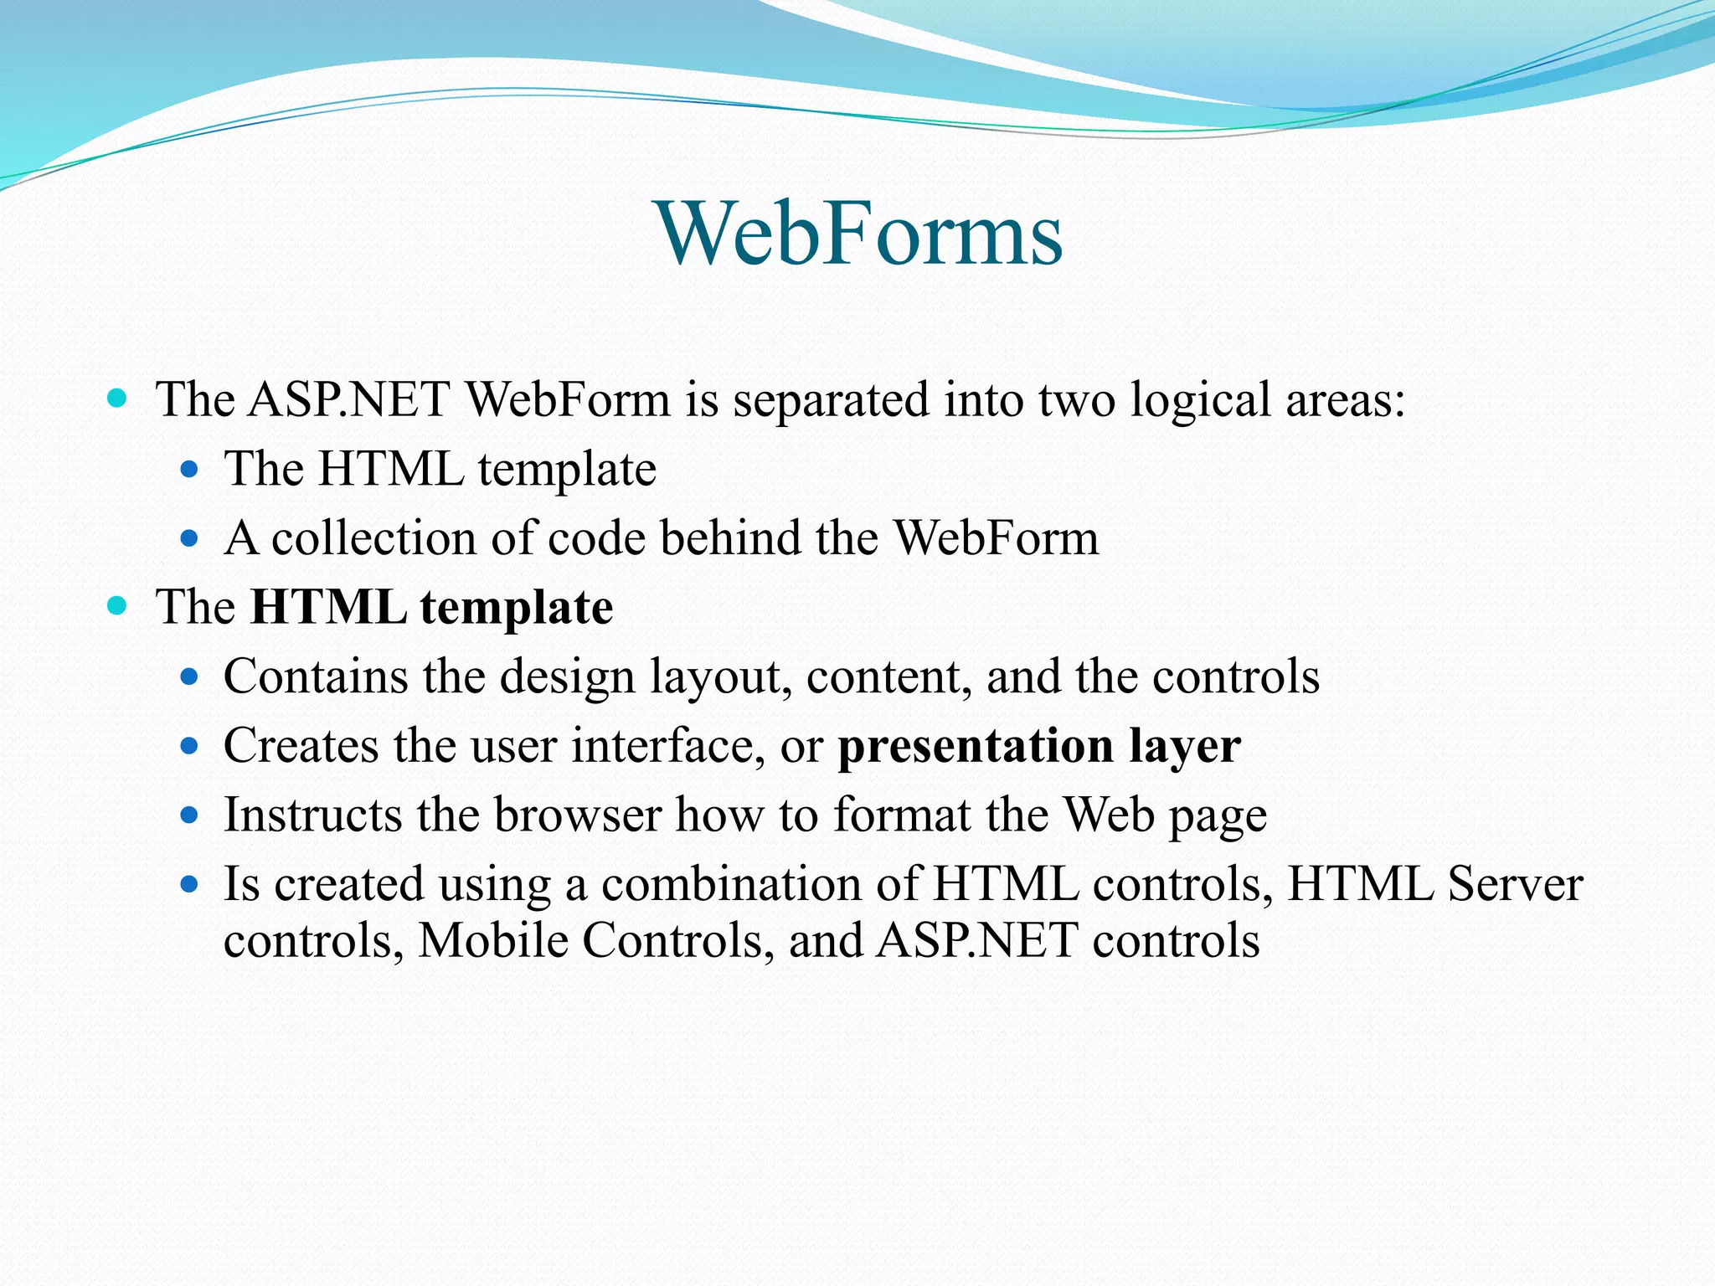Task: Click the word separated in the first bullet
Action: (831, 399)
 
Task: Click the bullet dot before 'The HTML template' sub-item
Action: (189, 469)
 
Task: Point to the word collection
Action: (373, 538)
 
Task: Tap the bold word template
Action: (517, 608)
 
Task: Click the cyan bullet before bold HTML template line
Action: (117, 605)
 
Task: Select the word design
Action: (567, 676)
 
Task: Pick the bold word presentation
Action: (976, 746)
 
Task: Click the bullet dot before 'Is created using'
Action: (189, 883)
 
